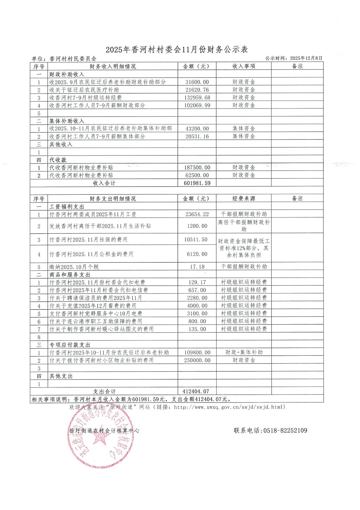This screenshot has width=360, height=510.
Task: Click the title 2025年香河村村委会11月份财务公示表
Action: point(177,49)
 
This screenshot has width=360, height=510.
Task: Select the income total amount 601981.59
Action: point(197,183)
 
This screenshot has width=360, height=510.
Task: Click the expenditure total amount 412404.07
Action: point(196,391)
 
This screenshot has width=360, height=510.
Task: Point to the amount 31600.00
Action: point(197,82)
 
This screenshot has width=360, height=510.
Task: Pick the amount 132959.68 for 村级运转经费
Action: point(197,98)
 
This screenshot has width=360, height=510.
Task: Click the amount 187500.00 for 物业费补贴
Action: point(197,168)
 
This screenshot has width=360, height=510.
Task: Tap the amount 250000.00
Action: point(197,360)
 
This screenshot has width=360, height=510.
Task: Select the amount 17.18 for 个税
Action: point(197,267)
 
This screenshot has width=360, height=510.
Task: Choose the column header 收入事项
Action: point(244,67)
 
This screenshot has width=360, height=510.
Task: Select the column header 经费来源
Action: point(244,199)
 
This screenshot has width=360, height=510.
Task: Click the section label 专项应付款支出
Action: point(70,345)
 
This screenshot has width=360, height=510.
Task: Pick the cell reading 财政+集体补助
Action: point(244,352)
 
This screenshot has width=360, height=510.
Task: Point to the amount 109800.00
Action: point(197,352)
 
